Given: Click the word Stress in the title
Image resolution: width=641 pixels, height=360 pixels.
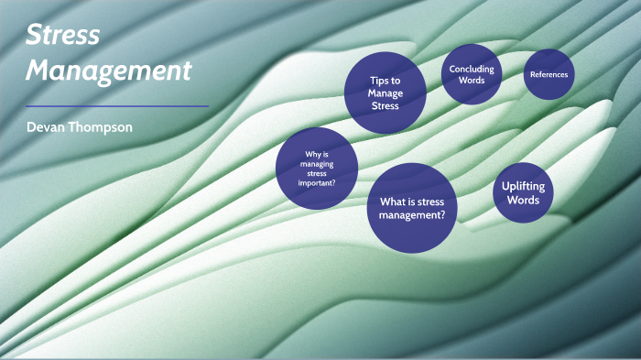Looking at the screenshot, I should (61, 37).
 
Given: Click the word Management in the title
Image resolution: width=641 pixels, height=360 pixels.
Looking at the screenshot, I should (109, 70).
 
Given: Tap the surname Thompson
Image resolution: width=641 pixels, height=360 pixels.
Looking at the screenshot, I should (102, 127).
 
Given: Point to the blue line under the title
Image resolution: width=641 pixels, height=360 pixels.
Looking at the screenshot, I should (117, 106).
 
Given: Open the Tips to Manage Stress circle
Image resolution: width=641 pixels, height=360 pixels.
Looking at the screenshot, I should (385, 93).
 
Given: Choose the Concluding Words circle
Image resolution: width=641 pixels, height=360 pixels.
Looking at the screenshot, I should (472, 73).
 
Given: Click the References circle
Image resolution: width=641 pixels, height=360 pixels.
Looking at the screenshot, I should (548, 74).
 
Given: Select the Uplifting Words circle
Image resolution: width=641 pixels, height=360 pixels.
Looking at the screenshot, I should (523, 192).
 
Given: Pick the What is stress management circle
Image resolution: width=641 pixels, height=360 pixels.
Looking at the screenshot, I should (412, 208).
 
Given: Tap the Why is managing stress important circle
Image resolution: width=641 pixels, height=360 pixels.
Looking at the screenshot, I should (316, 169).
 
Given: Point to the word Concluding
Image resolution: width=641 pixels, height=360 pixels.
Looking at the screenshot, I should (472, 69).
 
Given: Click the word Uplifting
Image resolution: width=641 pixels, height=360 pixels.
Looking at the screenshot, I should (523, 186).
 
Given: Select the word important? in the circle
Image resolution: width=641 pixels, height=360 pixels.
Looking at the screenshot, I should (316, 184).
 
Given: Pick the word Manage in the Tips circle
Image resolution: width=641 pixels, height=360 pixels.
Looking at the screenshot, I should (385, 93).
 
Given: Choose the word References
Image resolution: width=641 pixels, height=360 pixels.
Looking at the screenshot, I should (548, 74).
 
